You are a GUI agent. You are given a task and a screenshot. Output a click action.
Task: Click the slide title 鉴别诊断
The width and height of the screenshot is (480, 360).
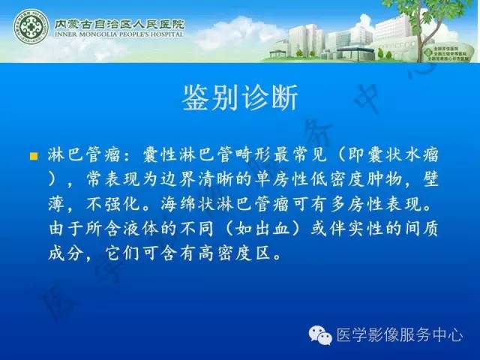tap(240, 97)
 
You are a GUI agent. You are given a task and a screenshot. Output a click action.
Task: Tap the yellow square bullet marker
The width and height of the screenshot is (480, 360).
tap(33, 157)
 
